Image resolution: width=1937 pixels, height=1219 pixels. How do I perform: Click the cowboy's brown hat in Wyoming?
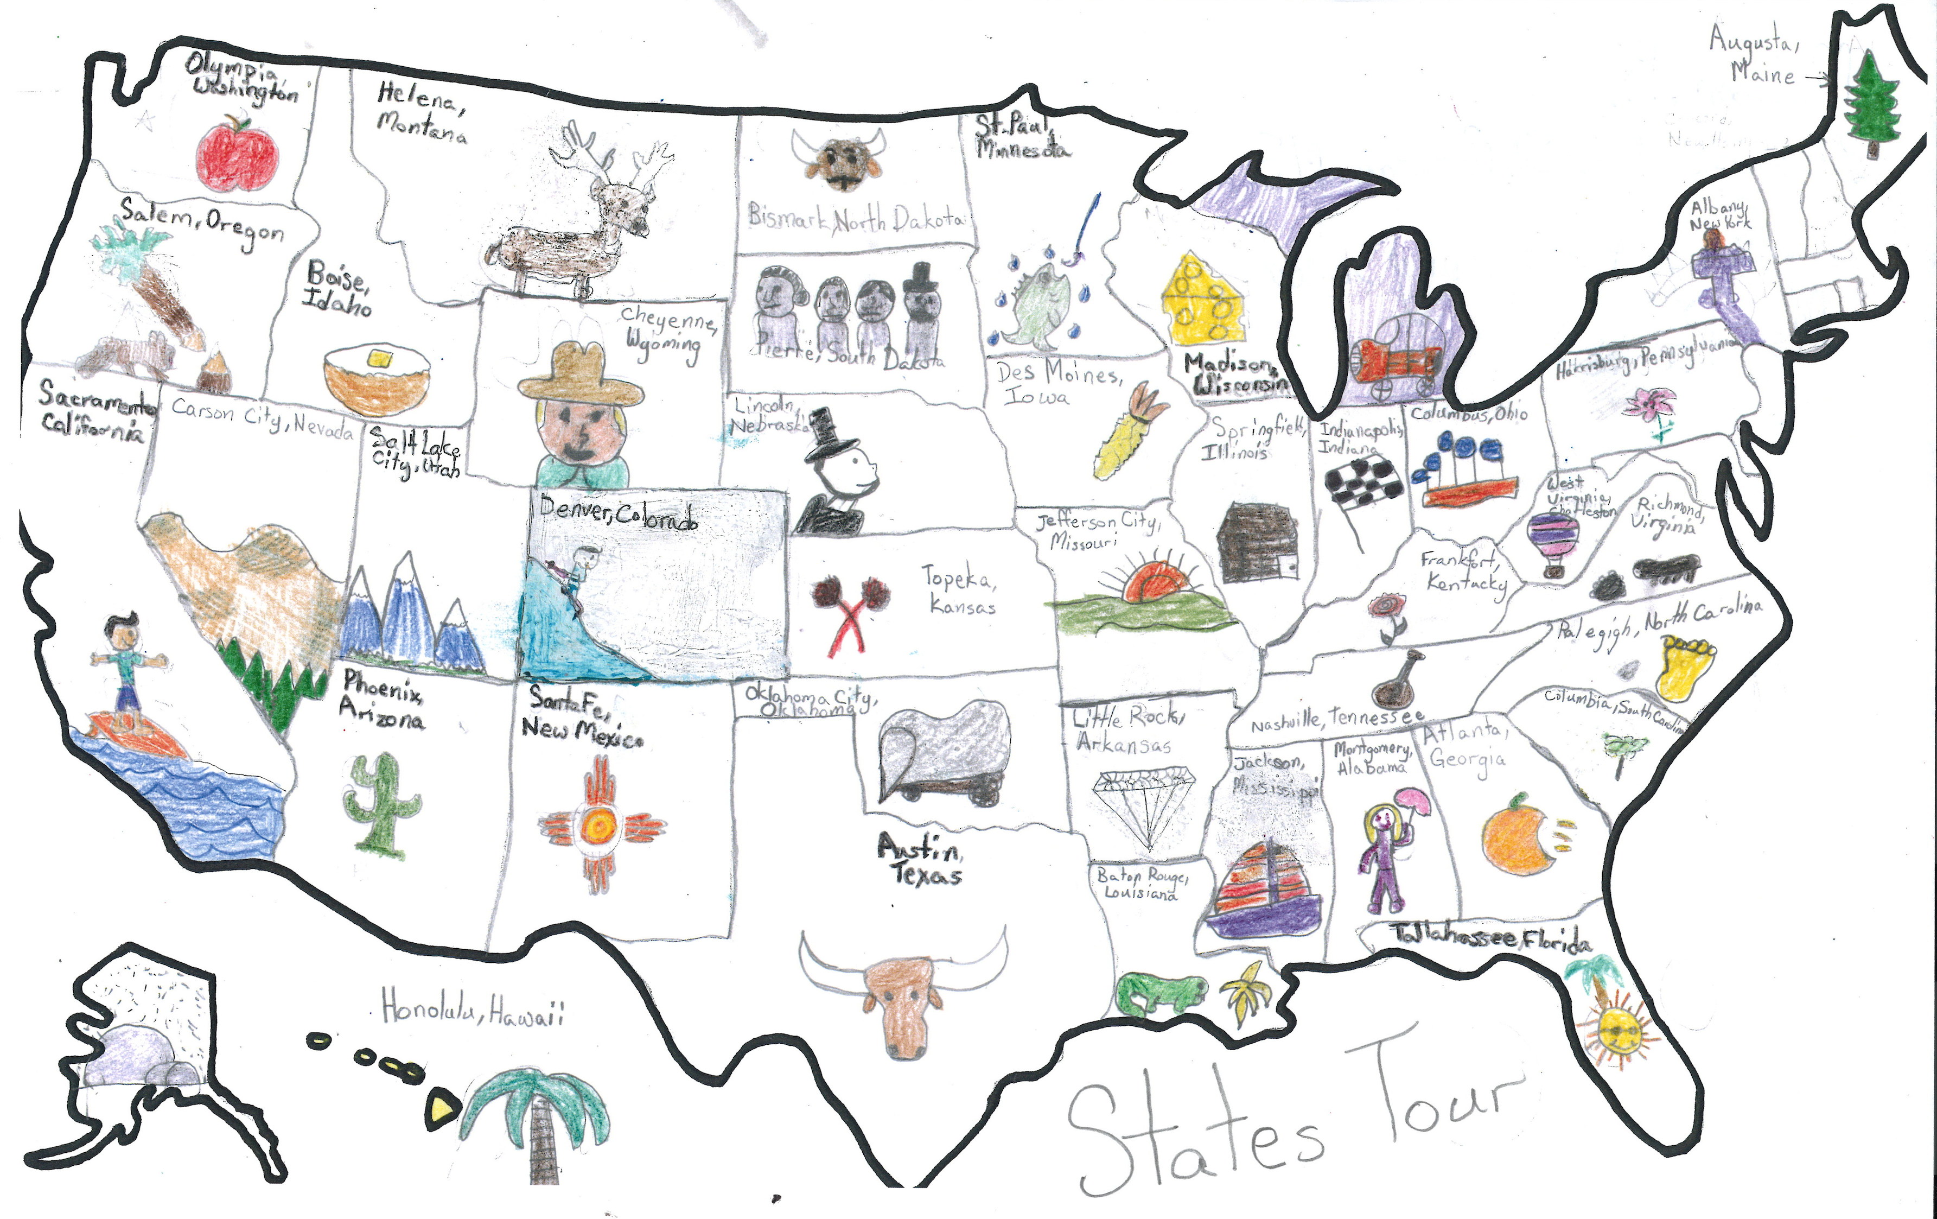click(x=581, y=377)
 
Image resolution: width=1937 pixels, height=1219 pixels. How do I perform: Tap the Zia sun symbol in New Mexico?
click(x=600, y=825)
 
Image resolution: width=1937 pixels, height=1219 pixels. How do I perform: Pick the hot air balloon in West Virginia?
click(x=1552, y=541)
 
